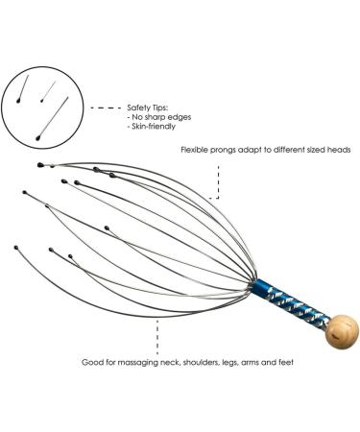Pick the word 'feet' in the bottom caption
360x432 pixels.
tap(311, 362)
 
